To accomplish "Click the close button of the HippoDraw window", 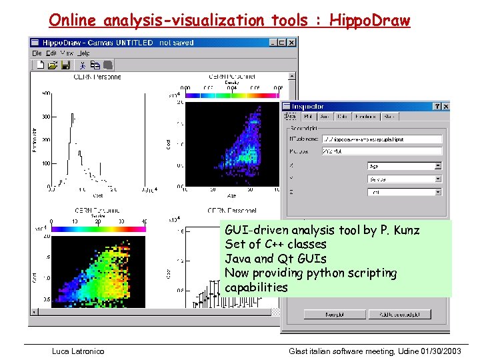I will (x=292, y=43).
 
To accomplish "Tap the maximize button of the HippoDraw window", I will (x=283, y=43).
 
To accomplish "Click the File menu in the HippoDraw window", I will (x=37, y=53).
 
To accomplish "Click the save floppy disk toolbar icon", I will (x=65, y=65).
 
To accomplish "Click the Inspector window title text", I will (x=307, y=106).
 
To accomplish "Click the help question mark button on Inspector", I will (x=437, y=106).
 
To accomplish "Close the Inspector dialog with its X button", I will (x=446, y=106).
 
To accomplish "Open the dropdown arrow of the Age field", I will (x=438, y=166).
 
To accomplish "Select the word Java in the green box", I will (x=238, y=259).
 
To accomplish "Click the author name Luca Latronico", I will (x=78, y=351).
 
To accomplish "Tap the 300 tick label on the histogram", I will (x=45, y=117).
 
